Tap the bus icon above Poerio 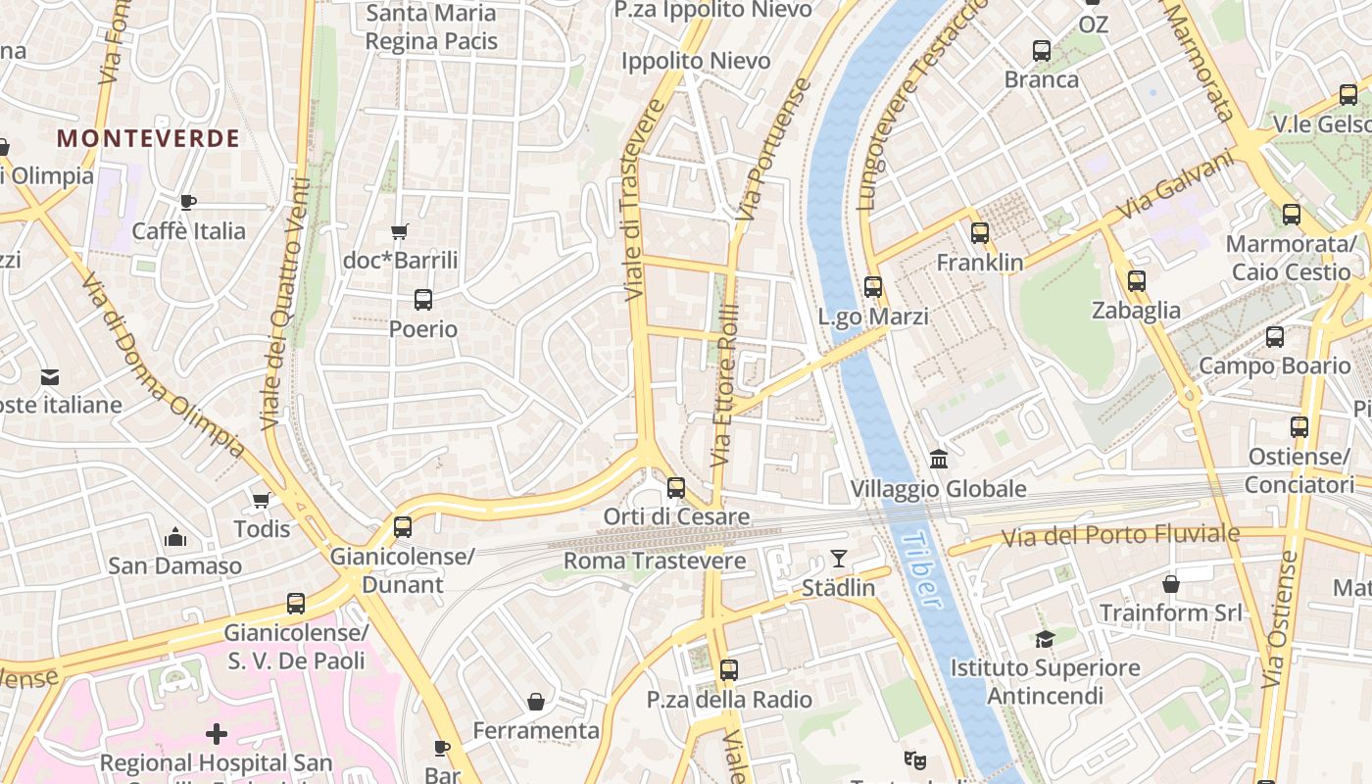click(x=423, y=300)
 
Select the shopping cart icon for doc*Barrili click(x=399, y=232)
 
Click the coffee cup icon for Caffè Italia click(x=188, y=202)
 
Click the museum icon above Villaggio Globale click(x=939, y=459)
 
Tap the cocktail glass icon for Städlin click(x=838, y=559)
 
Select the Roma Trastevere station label click(x=655, y=562)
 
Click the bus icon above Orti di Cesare click(x=676, y=487)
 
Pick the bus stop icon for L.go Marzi click(x=873, y=287)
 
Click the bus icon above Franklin click(x=980, y=233)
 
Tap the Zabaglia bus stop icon click(x=1137, y=281)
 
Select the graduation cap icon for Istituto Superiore click(x=1045, y=639)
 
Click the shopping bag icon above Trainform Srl click(x=1171, y=584)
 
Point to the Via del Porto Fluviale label click(x=1119, y=536)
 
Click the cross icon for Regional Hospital click(x=217, y=733)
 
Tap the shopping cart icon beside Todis click(x=262, y=501)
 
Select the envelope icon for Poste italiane click(x=50, y=376)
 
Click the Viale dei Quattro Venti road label click(x=285, y=304)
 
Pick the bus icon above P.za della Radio click(x=729, y=670)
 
